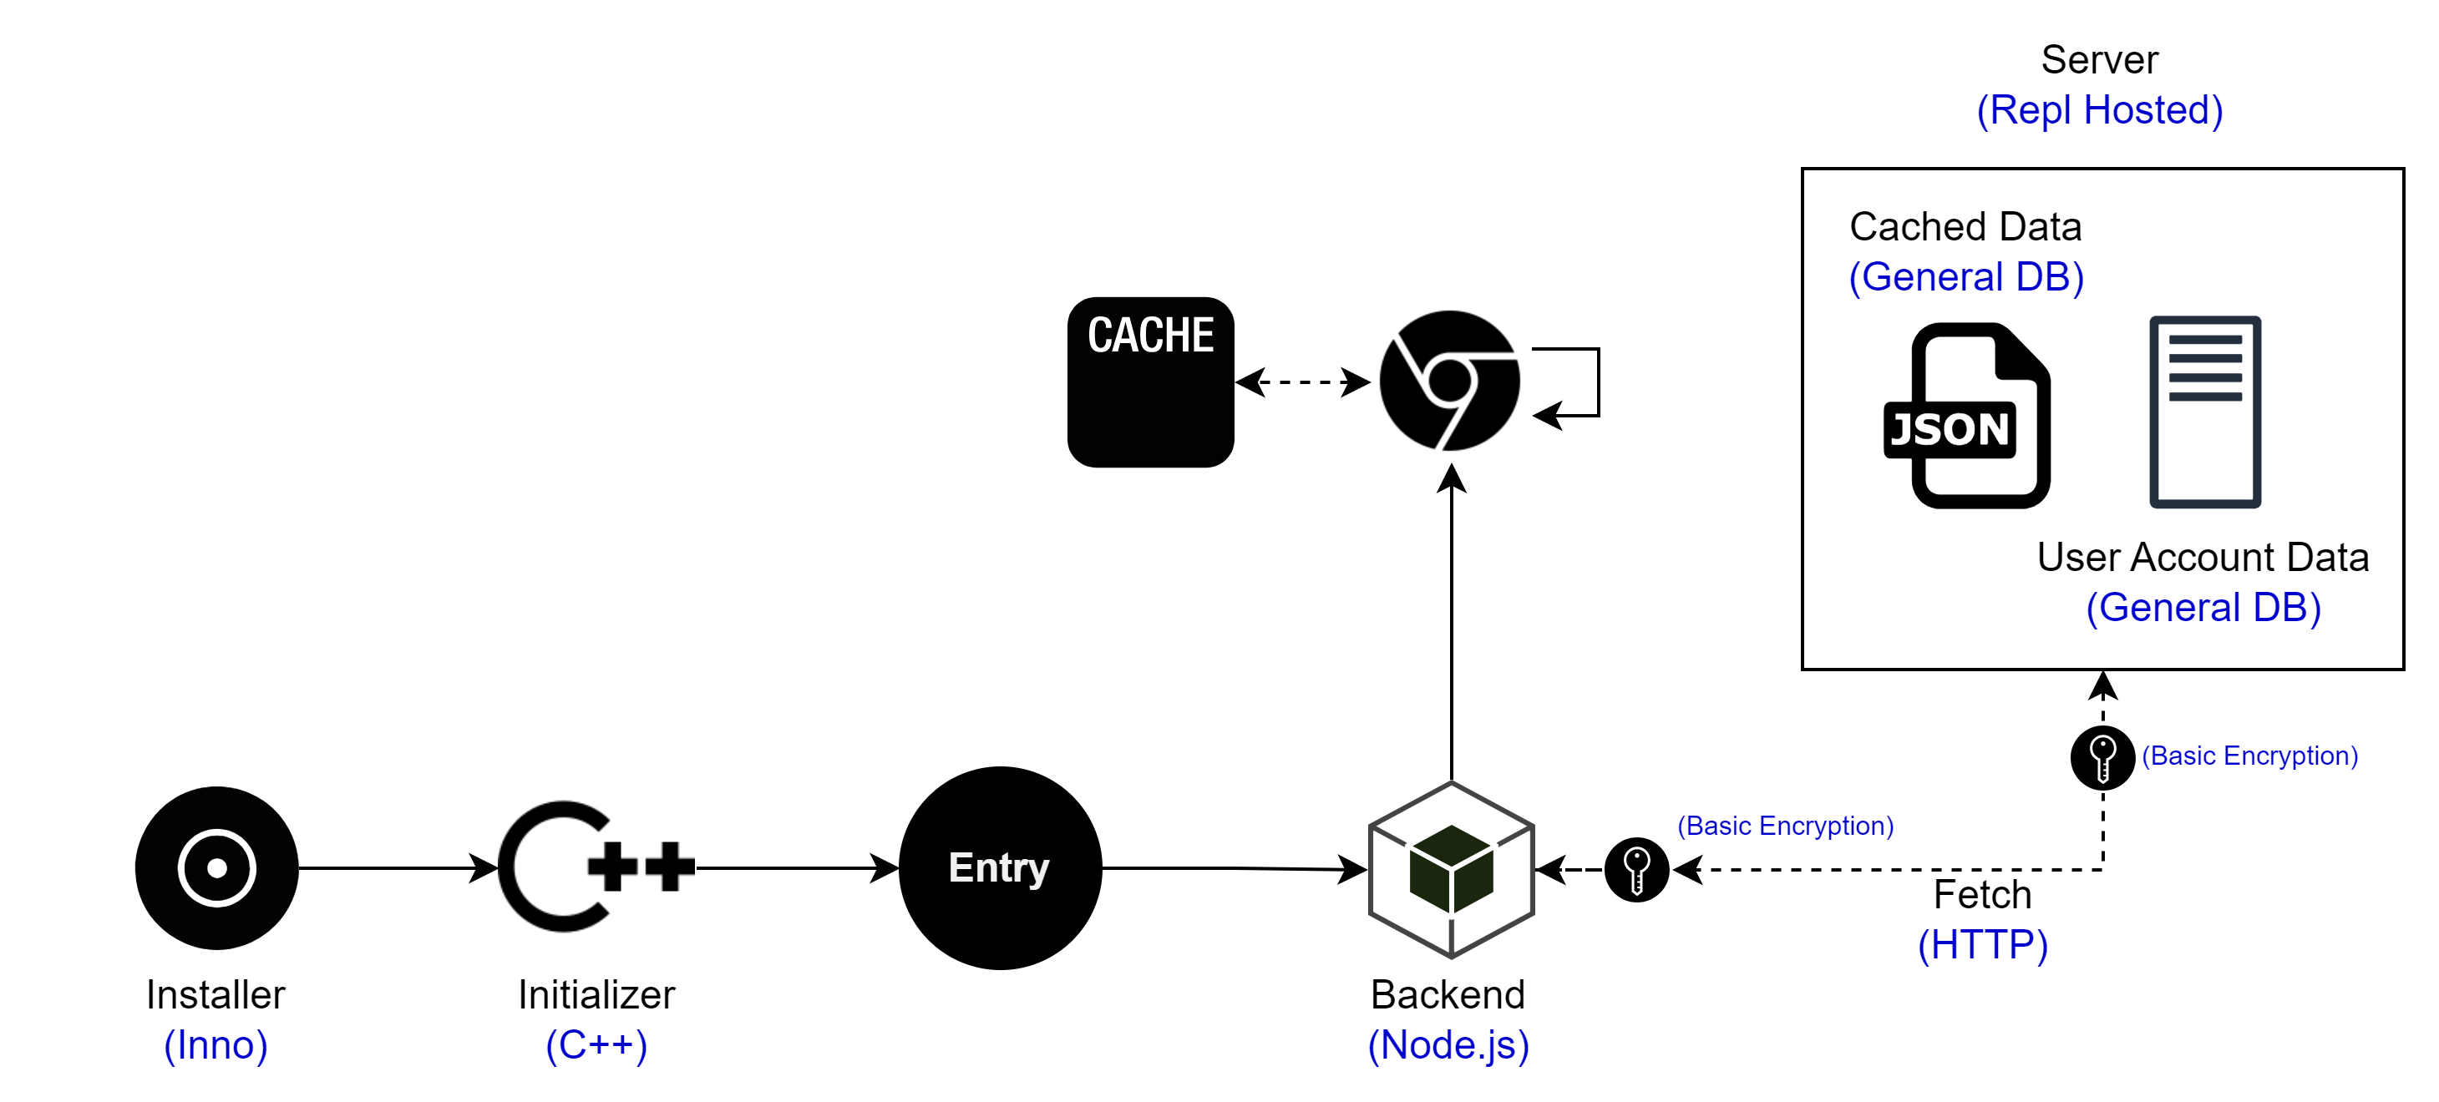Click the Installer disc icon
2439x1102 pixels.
(217, 867)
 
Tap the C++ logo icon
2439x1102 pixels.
(596, 867)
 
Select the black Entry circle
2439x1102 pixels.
(1000, 867)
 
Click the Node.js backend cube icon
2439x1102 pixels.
(1451, 869)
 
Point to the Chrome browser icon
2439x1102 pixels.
(1449, 382)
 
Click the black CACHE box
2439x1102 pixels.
(1150, 382)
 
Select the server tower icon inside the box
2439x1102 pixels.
(2205, 412)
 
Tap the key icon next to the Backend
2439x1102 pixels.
(1636, 869)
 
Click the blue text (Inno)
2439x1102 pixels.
(216, 1045)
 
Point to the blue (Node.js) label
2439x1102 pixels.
(1448, 1045)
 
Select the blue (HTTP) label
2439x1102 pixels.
(1983, 945)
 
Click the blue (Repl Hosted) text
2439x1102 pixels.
(2099, 110)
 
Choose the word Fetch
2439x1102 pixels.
(1983, 895)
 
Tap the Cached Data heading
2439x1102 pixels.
(1965, 227)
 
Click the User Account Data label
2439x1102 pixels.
(2203, 558)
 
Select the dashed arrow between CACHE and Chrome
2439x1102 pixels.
(1303, 382)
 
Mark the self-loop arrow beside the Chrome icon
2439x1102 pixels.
(1596, 382)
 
